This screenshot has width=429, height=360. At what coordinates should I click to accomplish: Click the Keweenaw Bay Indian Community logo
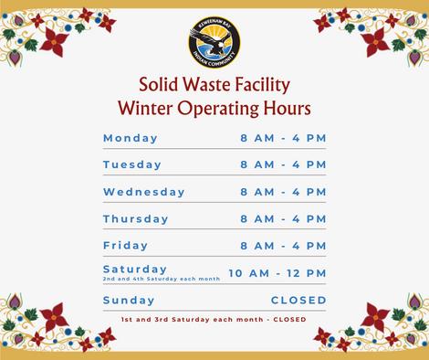[214, 42]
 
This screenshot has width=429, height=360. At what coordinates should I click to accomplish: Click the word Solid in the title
[158, 84]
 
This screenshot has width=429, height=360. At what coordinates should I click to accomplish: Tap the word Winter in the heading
[145, 108]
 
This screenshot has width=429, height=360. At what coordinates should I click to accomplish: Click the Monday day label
[131, 138]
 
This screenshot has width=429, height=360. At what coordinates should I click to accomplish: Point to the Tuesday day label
[132, 164]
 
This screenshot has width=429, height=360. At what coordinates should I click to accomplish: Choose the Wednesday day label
[144, 192]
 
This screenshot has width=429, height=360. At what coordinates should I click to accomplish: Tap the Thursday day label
[136, 219]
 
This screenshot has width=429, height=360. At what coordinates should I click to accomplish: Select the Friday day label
[125, 246]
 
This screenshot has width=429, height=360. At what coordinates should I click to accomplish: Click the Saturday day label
[135, 270]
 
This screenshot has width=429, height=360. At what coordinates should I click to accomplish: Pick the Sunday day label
[129, 301]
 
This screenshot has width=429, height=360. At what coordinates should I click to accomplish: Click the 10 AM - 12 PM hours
[277, 273]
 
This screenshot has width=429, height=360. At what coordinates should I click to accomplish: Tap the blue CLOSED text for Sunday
[298, 301]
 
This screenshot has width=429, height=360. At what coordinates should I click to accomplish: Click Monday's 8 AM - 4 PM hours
[283, 138]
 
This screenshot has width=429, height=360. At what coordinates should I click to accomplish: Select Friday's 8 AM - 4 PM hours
[283, 246]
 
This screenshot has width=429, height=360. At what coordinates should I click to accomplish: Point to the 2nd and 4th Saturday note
[162, 279]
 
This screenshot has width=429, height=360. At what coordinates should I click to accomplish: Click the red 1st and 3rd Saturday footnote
[214, 320]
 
